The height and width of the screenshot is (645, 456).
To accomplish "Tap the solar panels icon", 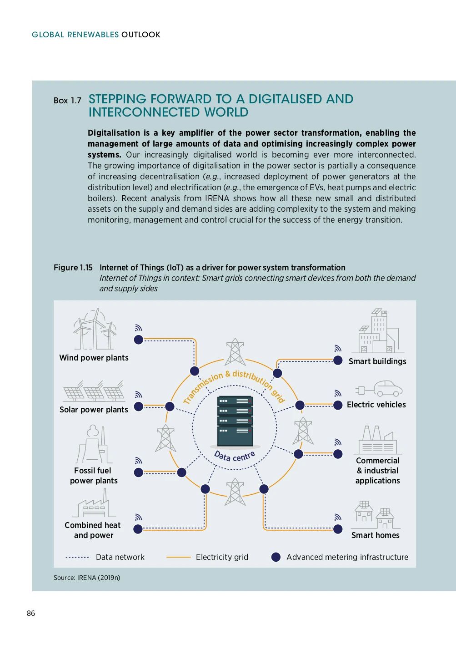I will click(94, 391).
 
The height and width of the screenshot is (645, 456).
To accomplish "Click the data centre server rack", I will click(235, 421).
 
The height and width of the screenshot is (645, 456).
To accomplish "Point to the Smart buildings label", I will click(377, 361).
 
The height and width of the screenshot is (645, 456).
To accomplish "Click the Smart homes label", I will click(375, 535).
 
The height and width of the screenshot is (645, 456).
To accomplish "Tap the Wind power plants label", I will click(94, 358).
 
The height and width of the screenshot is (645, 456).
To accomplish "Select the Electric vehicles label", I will click(376, 405).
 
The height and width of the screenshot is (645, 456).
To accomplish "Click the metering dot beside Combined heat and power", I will click(138, 529).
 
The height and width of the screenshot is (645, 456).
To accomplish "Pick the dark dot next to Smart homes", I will click(338, 529).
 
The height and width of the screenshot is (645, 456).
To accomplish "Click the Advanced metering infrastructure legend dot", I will click(276, 557).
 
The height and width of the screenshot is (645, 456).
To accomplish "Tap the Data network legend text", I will click(120, 557).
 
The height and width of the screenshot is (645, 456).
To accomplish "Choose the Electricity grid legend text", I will click(222, 557).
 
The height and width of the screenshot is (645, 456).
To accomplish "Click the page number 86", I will click(31, 613).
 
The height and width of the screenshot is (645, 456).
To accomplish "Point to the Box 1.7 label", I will click(67, 101).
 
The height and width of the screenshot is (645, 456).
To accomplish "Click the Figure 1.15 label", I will click(73, 268).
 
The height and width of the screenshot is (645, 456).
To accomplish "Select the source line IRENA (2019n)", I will click(87, 578).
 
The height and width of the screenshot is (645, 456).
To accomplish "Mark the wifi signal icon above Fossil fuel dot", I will click(139, 461).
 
